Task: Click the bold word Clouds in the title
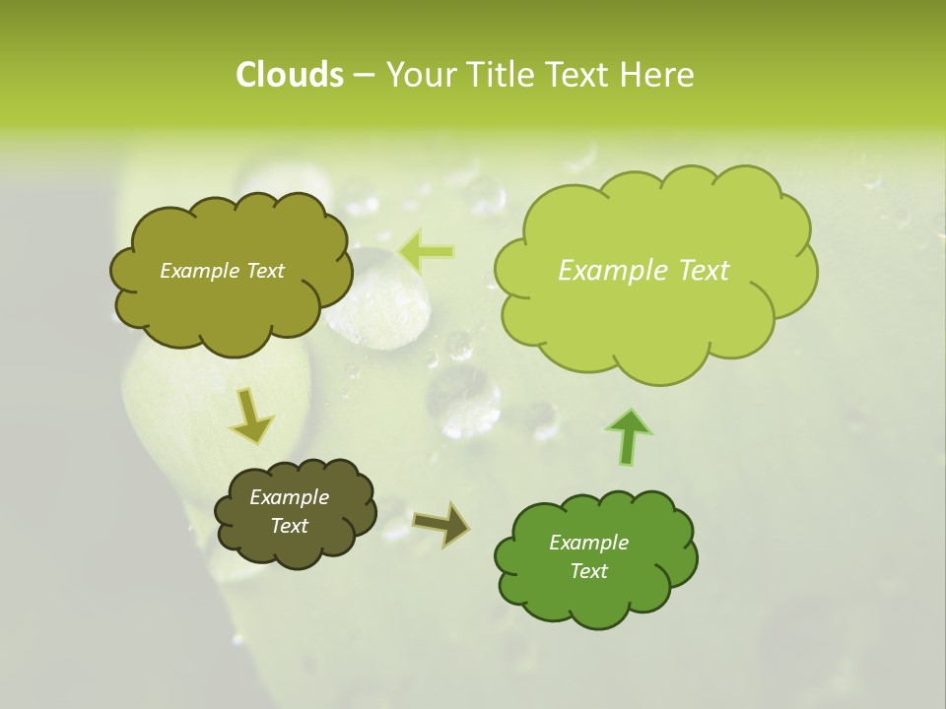(x=289, y=75)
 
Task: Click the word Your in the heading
(x=422, y=75)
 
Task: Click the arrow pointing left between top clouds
(x=427, y=252)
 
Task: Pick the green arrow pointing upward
(x=629, y=435)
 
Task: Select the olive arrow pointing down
(x=251, y=416)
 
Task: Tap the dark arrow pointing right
(x=441, y=524)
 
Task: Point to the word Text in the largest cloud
(x=704, y=271)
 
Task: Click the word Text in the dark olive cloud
(x=290, y=526)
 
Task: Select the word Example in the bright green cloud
(x=588, y=543)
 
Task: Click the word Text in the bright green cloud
(x=588, y=571)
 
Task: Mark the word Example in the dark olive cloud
(x=290, y=497)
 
